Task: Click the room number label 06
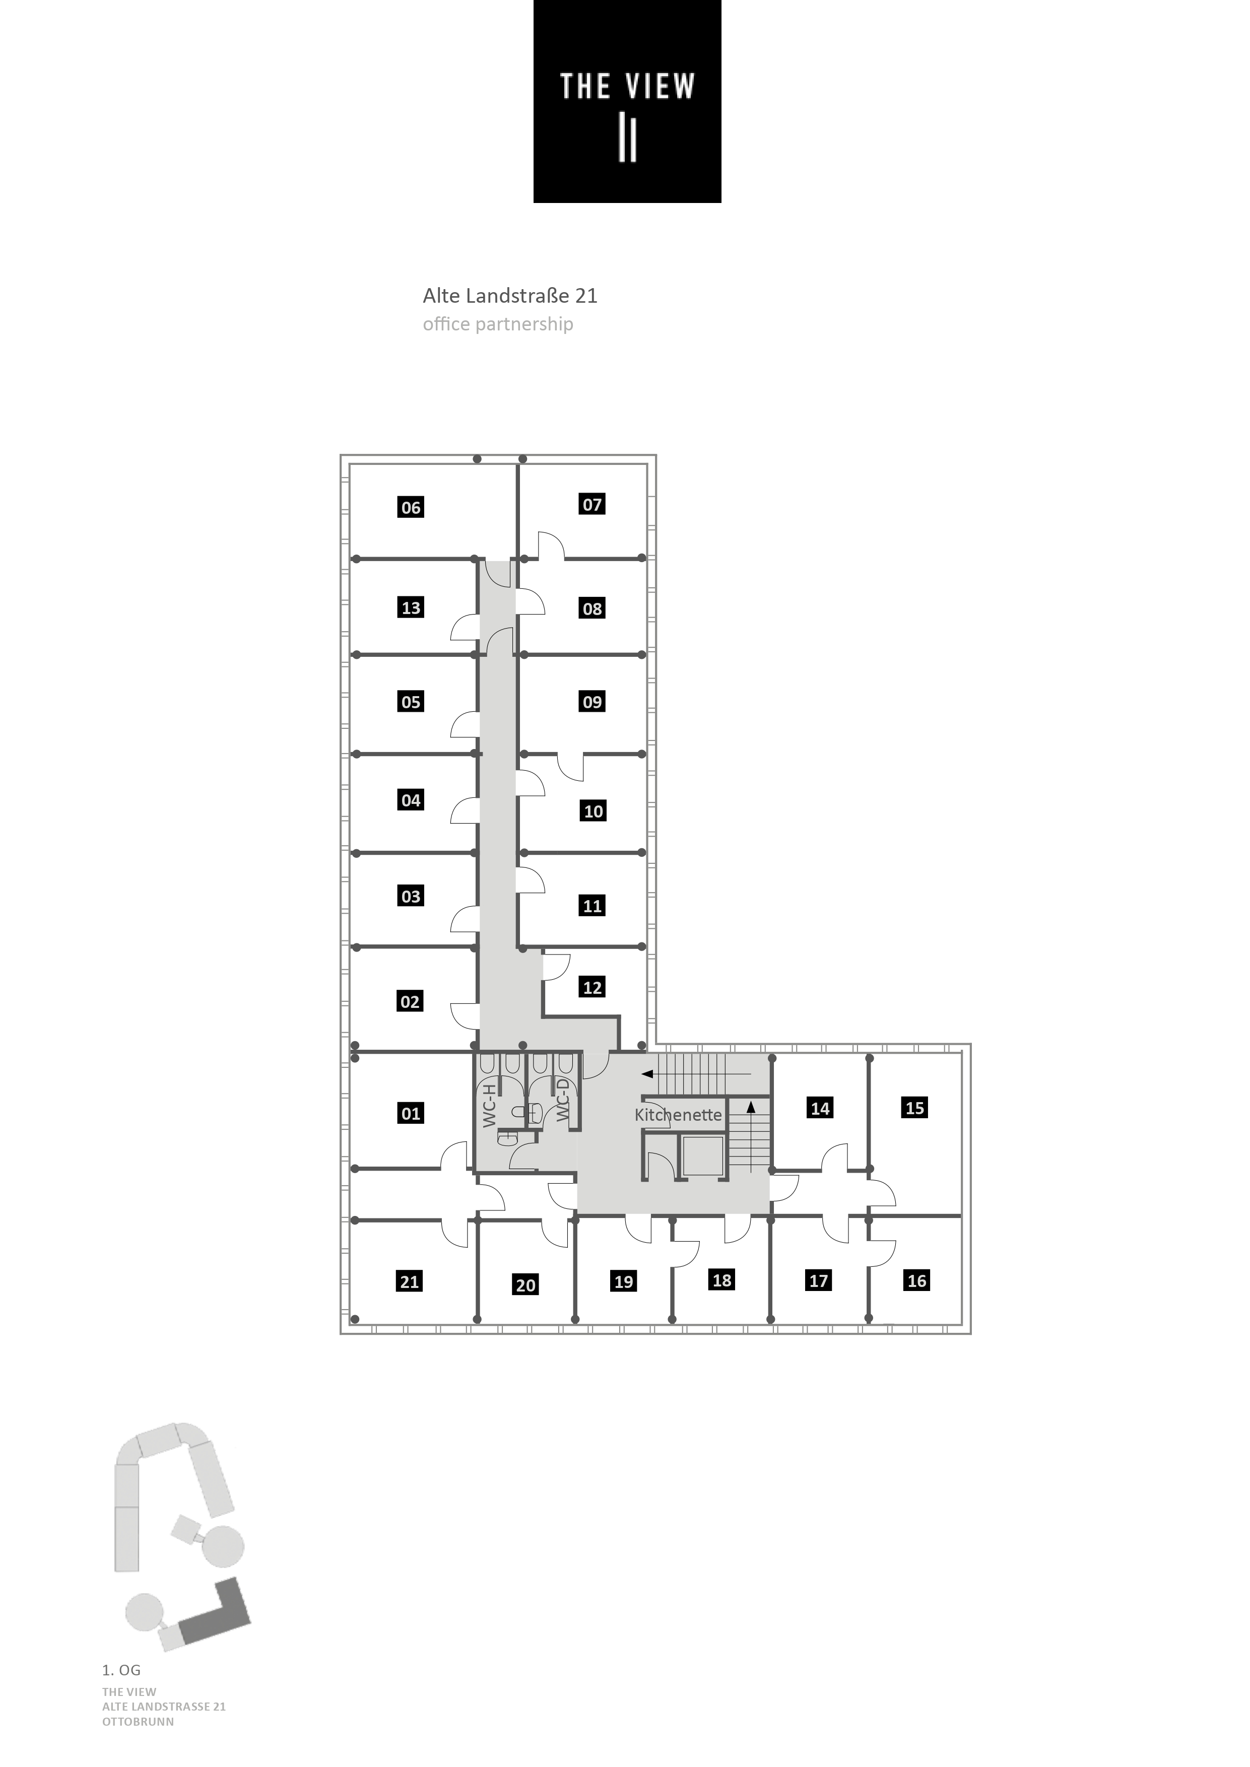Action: pos(411,507)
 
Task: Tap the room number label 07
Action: pos(592,505)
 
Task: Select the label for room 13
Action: pos(411,608)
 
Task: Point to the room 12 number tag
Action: pos(592,987)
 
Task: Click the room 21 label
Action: pos(410,1281)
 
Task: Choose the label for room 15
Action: pos(914,1108)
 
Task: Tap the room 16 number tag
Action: pos(917,1280)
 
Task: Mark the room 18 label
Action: pos(722,1280)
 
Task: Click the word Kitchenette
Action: pos(678,1115)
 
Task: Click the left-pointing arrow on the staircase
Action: pos(648,1073)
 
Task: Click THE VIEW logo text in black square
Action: pos(627,86)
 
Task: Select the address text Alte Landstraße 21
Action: pos(509,296)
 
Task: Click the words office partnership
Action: pos(497,324)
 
